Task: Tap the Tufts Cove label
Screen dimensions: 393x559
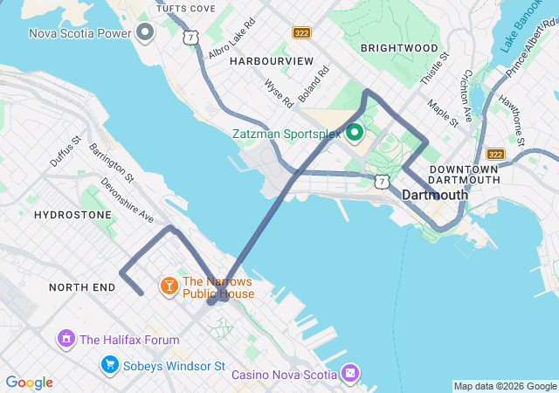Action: coord(186,8)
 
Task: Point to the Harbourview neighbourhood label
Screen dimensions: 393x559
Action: coord(272,61)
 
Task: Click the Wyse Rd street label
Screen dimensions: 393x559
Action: coord(279,94)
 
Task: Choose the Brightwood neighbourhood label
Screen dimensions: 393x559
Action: coord(399,47)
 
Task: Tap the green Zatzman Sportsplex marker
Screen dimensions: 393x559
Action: coord(355,134)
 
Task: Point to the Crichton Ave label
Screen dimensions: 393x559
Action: coord(466,93)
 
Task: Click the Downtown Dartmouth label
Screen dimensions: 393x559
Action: coord(464,174)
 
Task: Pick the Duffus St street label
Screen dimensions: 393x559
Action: coord(66,151)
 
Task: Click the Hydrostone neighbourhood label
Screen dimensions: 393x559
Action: coord(72,215)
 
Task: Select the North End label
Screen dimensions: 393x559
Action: coord(82,286)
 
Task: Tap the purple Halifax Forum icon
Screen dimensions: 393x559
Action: coord(66,339)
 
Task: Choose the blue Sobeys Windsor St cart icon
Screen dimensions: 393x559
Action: coord(109,363)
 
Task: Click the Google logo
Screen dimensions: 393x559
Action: coord(29,383)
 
